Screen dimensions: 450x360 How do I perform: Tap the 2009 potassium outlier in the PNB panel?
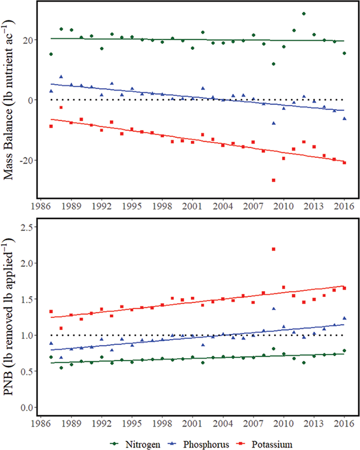coord(274,249)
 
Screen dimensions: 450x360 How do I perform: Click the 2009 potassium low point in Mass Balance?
coord(274,180)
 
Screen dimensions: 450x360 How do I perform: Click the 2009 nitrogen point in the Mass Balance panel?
coord(274,64)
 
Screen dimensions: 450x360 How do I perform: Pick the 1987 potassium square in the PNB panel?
coord(51,311)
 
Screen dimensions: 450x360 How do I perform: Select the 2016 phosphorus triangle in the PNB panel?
coord(344,318)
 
